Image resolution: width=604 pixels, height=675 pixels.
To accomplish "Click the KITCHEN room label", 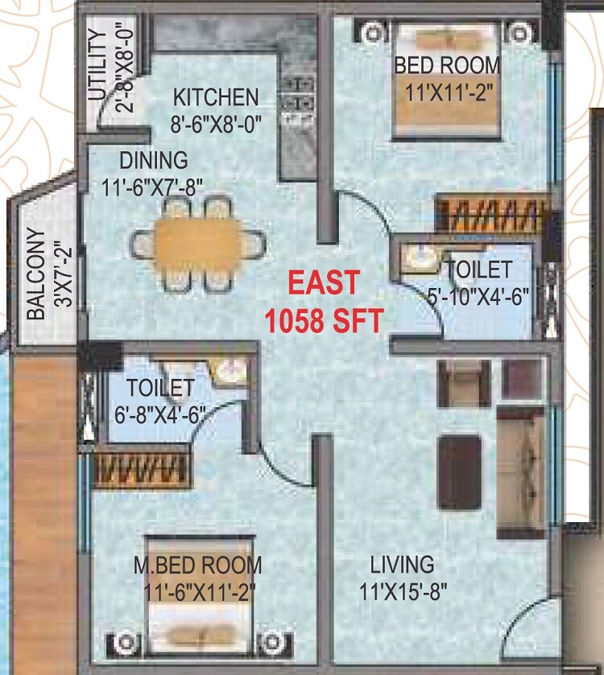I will [x=217, y=97].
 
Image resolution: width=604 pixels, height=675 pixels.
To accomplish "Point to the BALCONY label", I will [x=35, y=275].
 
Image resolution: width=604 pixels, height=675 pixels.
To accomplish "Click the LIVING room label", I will [x=402, y=564].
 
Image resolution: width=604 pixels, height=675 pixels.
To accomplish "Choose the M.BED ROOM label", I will [x=197, y=565].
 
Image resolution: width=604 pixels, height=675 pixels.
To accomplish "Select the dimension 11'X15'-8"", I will [x=403, y=592].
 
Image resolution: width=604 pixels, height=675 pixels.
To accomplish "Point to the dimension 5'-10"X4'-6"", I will [x=478, y=294].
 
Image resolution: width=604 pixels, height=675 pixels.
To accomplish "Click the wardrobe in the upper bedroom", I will [x=490, y=215].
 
